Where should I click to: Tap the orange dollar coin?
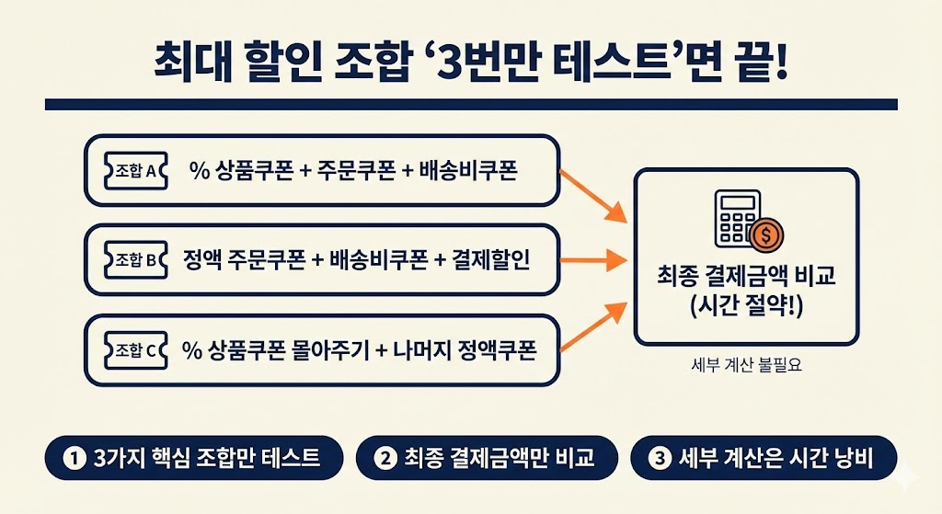pyautogui.click(x=764, y=235)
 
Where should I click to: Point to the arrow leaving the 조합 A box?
pyautogui.click(x=592, y=192)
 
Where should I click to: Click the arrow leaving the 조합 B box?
pyautogui.click(x=592, y=260)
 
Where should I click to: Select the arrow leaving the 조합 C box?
pyautogui.click(x=592, y=327)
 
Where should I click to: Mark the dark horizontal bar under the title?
pyautogui.click(x=470, y=105)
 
